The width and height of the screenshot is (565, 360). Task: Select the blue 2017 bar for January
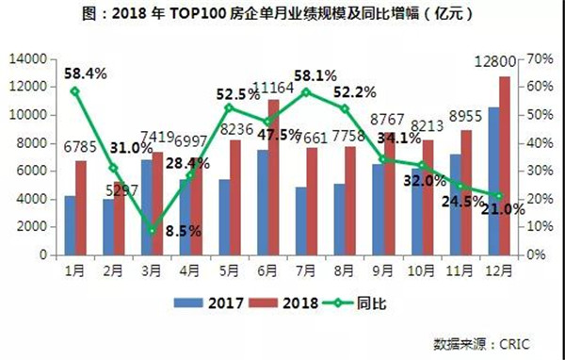coord(69,225)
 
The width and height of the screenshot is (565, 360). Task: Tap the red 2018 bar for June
coord(274,177)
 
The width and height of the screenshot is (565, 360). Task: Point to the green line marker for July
coord(306,92)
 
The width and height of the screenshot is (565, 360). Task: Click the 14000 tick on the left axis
coord(30,58)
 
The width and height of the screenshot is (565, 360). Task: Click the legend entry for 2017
coord(209,303)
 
